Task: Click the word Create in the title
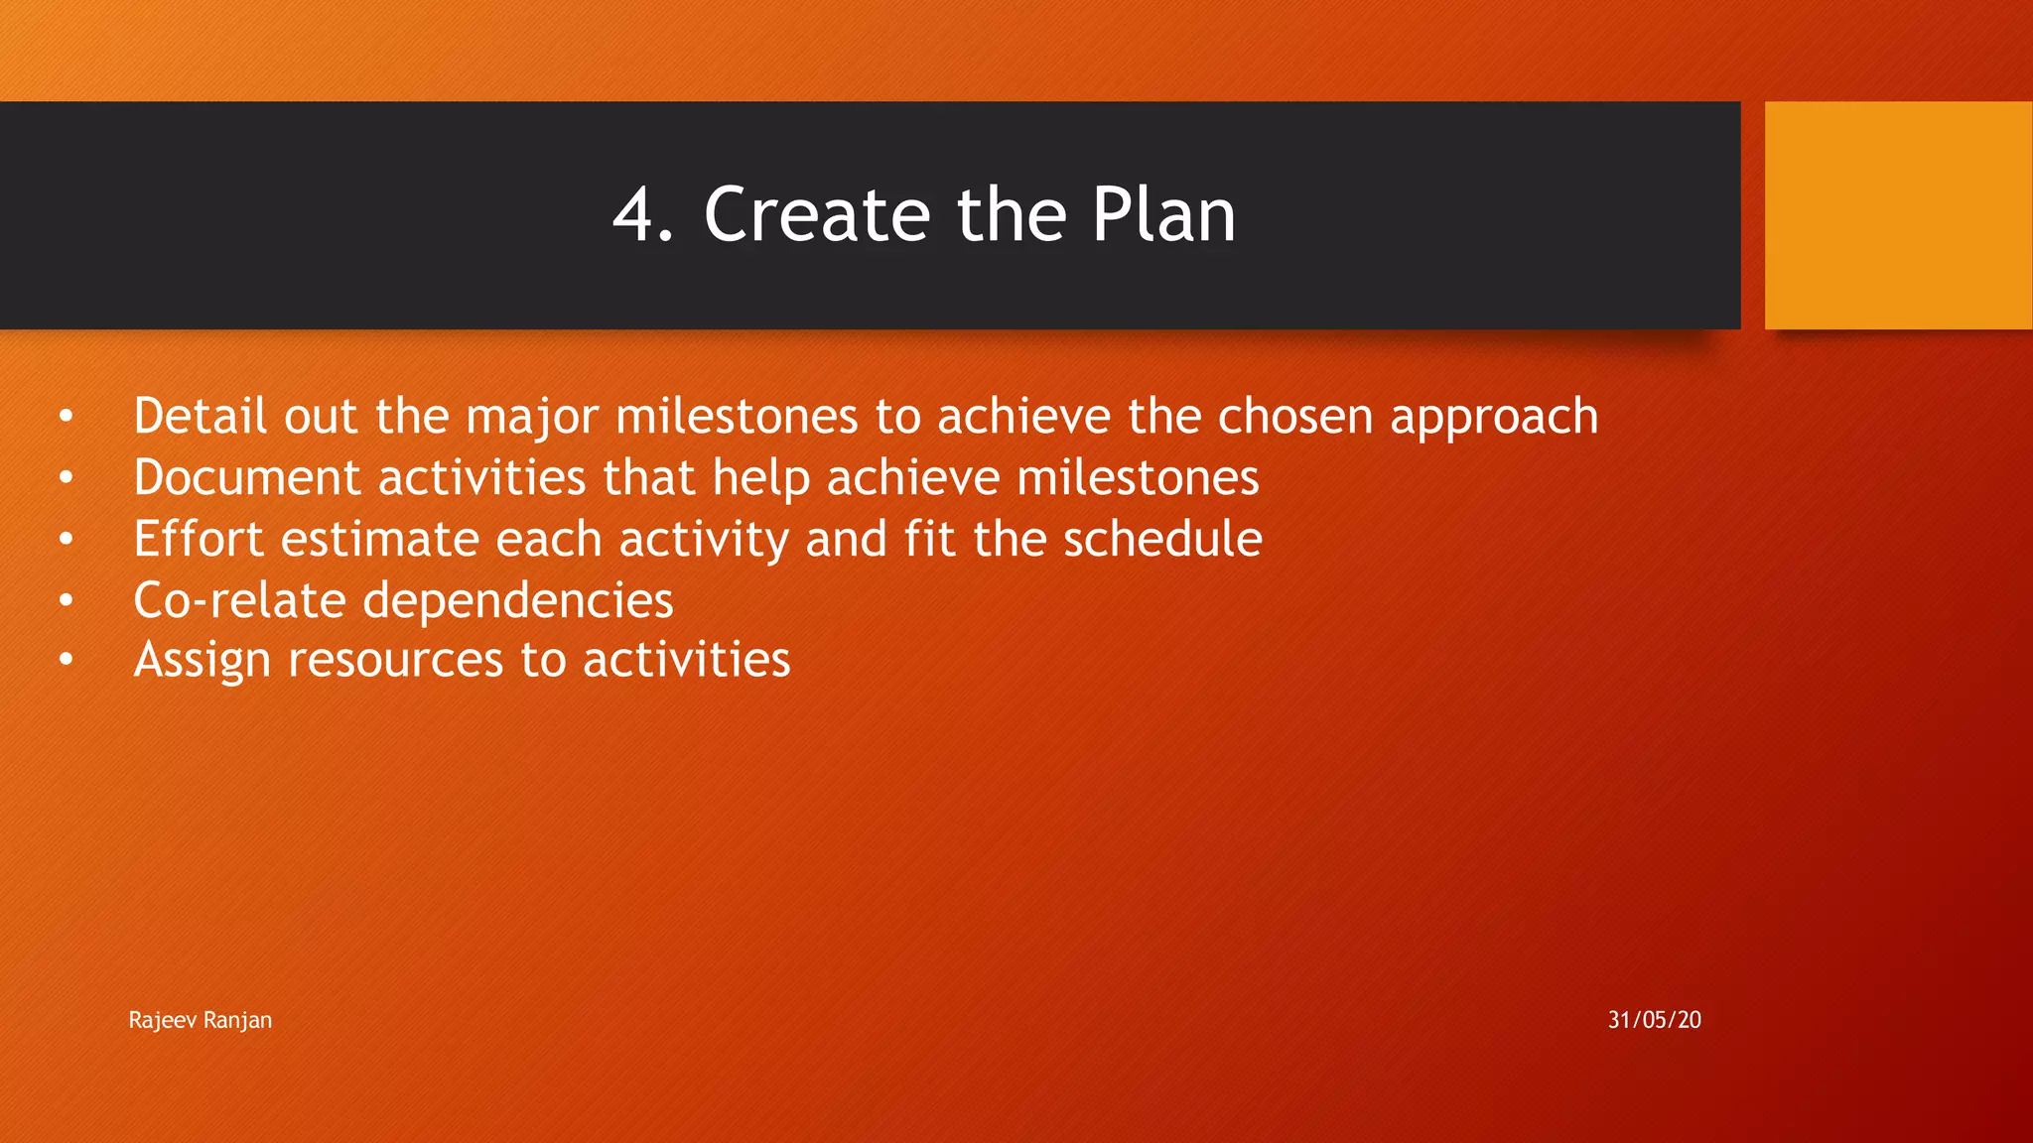[816, 215]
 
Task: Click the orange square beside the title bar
[1897, 215]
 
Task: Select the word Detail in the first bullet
[200, 416]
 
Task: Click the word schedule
[1161, 539]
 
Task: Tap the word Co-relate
[239, 600]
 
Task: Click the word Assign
[202, 661]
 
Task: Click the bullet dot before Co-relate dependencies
[66, 600]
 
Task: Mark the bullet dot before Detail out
[66, 417]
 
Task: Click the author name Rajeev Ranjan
[200, 1020]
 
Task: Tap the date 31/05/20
[1654, 1020]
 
